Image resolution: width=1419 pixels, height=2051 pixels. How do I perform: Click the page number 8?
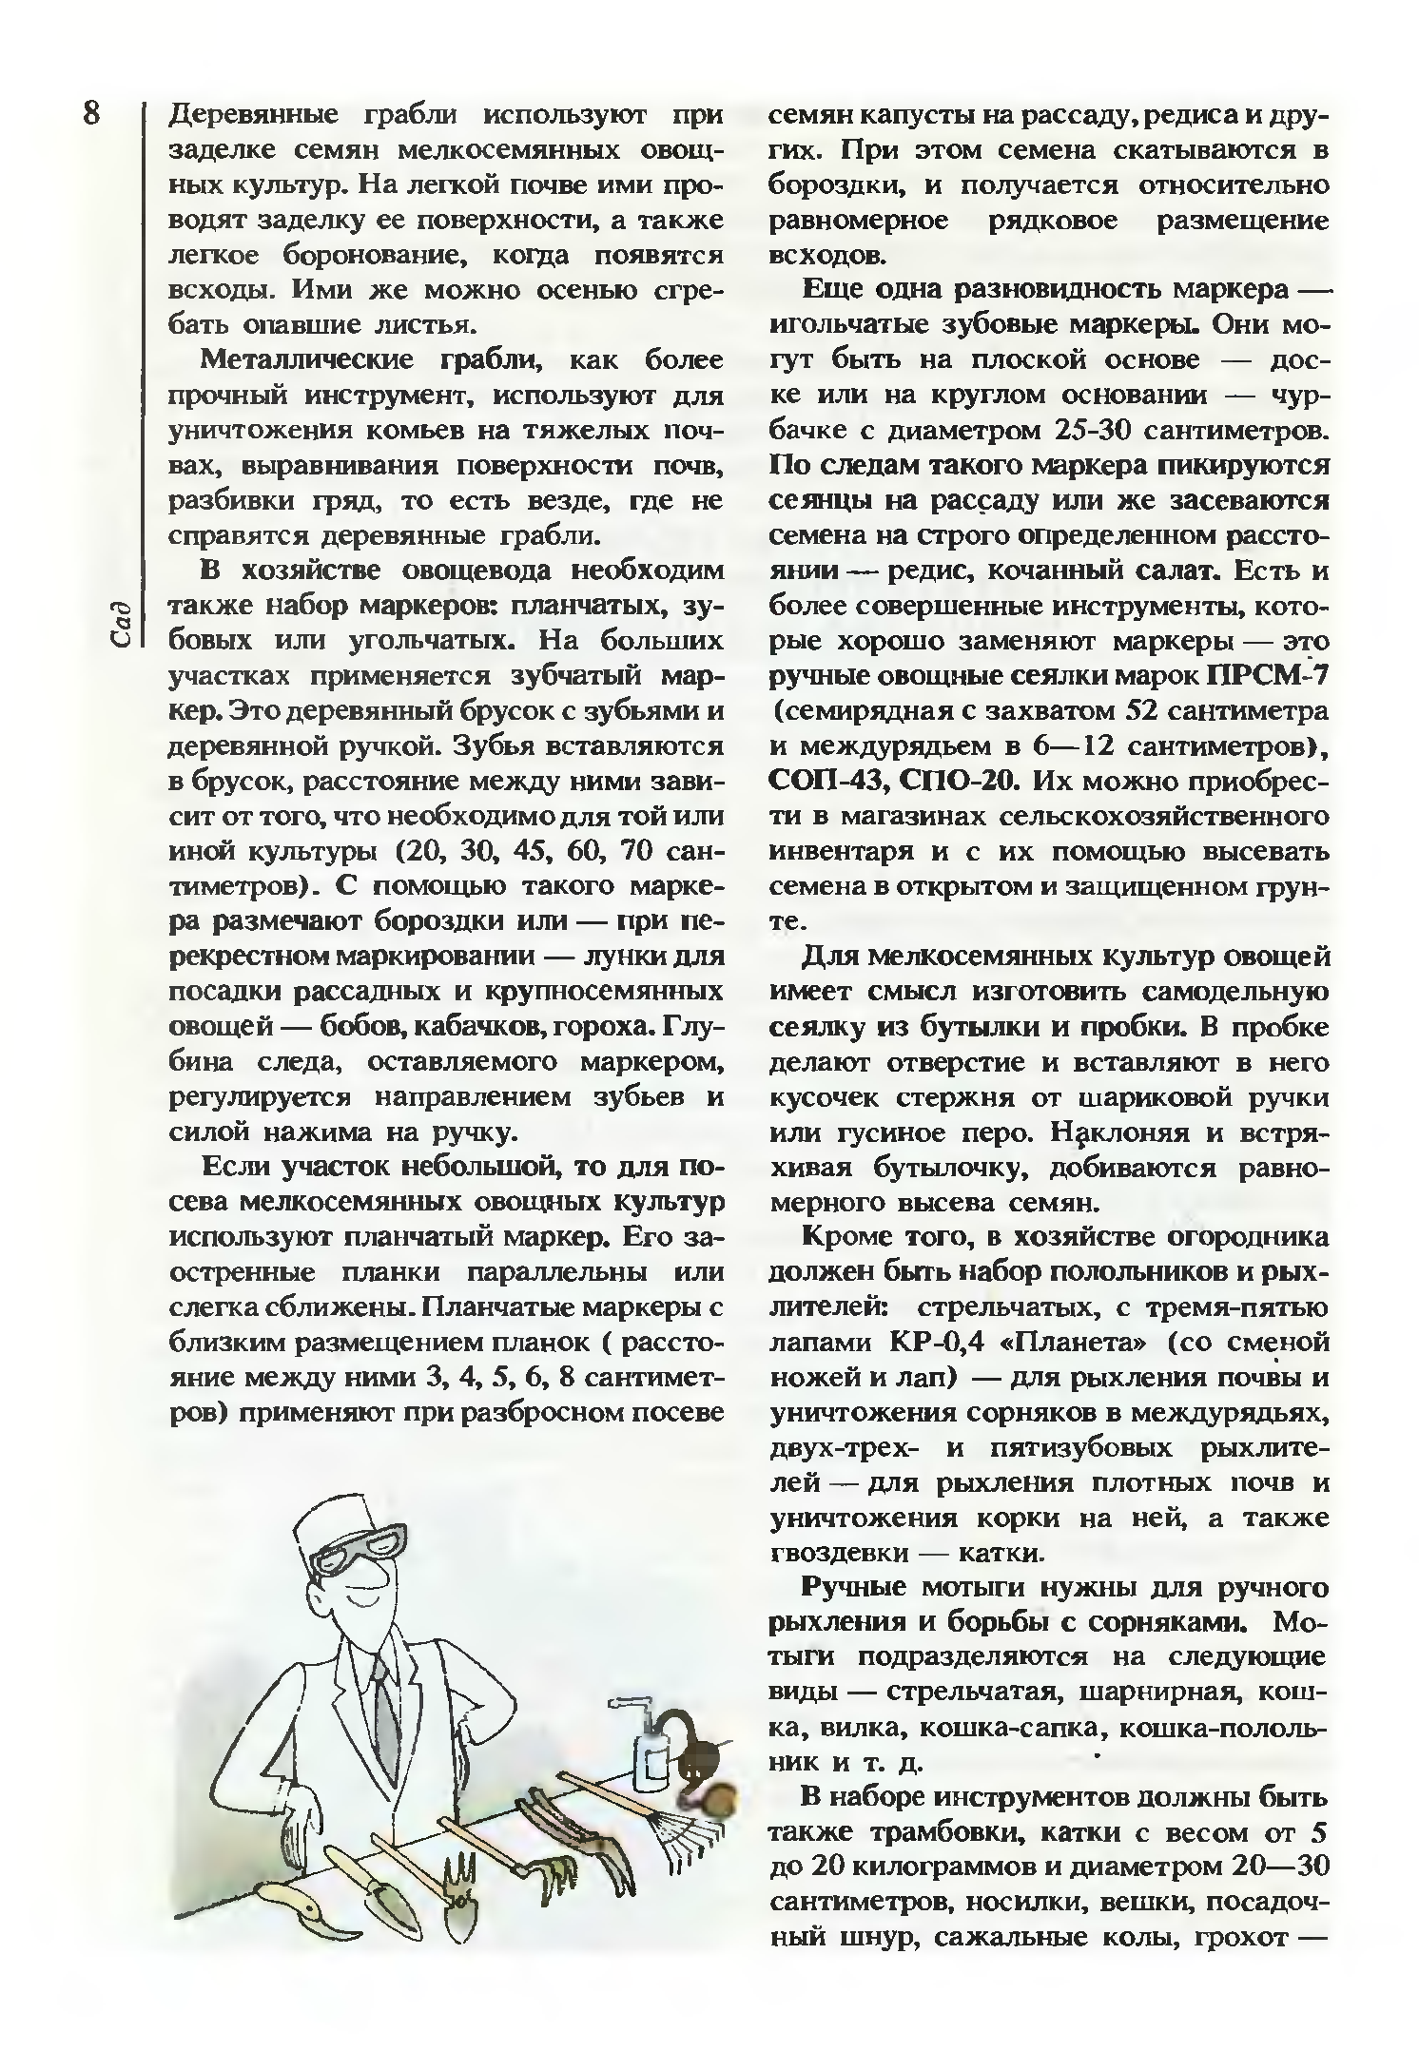tap(90, 113)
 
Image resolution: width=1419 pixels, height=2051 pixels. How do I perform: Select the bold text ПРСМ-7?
tap(1267, 676)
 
